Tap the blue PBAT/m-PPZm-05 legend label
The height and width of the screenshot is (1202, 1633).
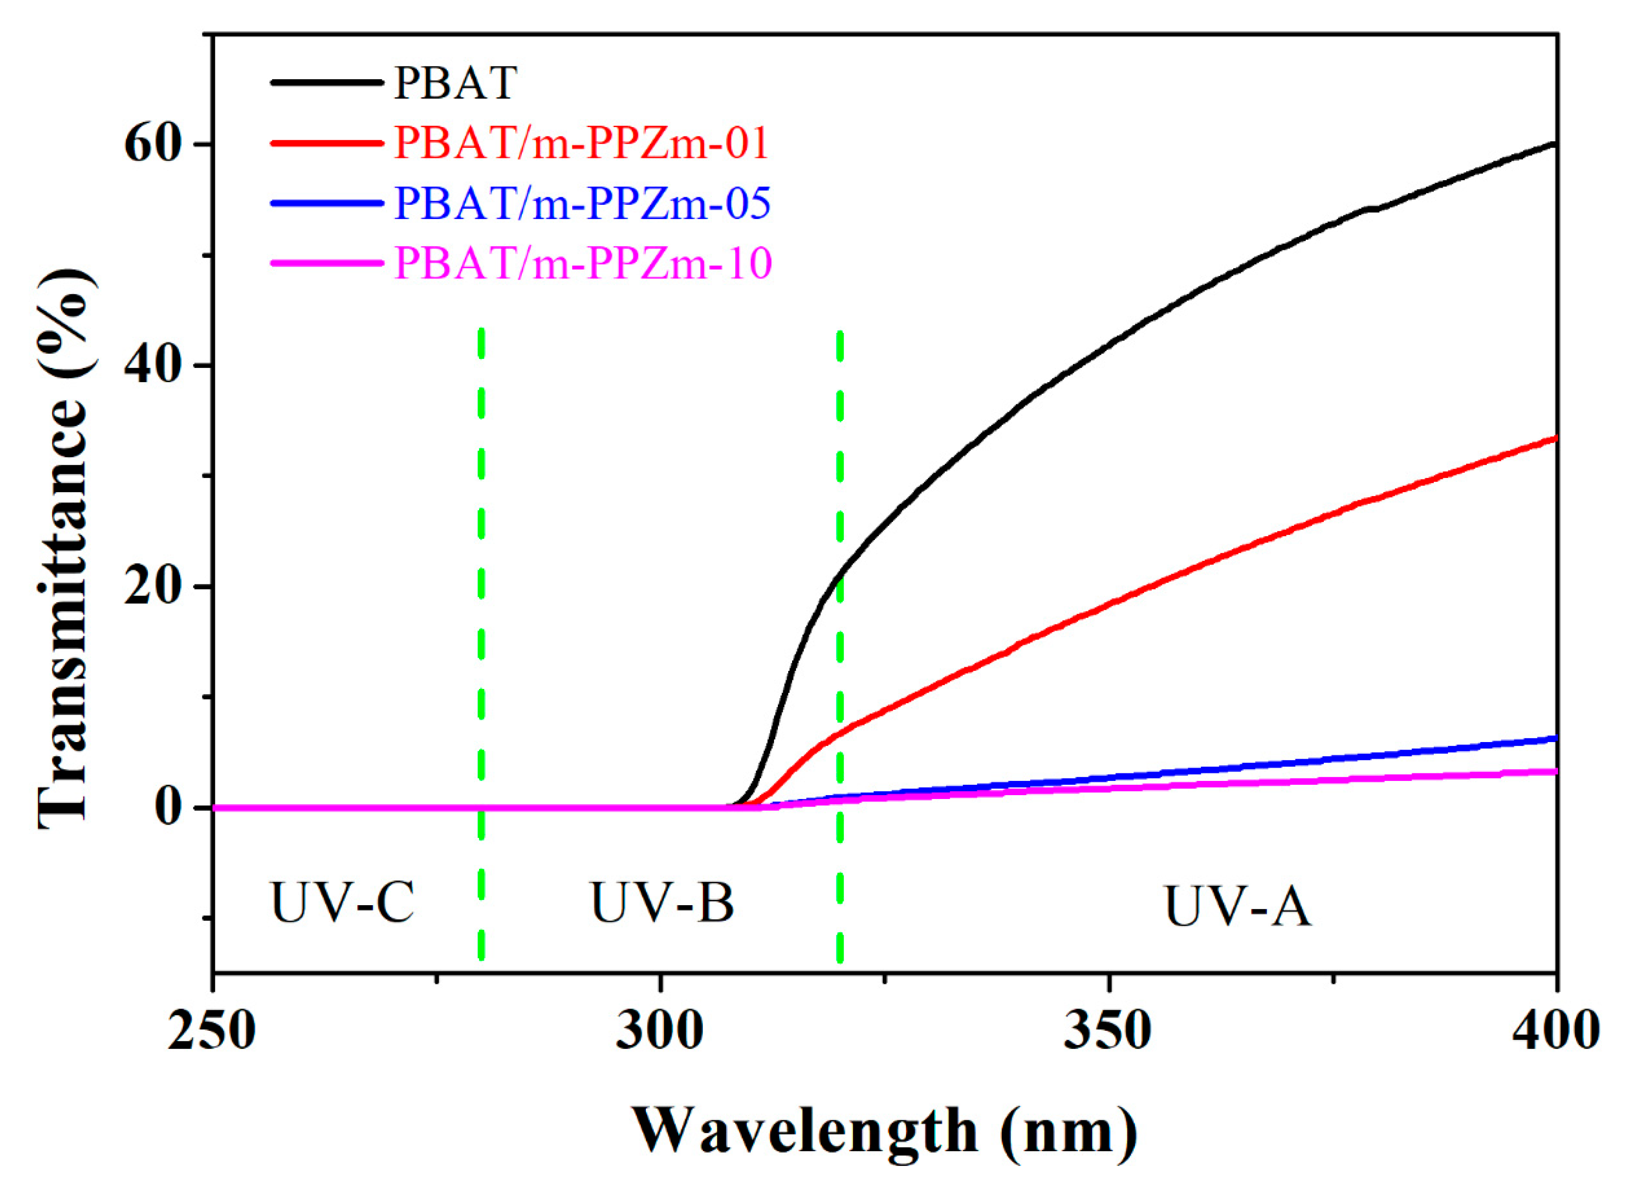pyautogui.click(x=582, y=203)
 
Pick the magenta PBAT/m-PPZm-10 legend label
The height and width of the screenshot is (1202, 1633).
pyautogui.click(x=582, y=263)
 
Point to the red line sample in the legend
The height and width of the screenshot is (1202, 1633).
pyautogui.click(x=327, y=143)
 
